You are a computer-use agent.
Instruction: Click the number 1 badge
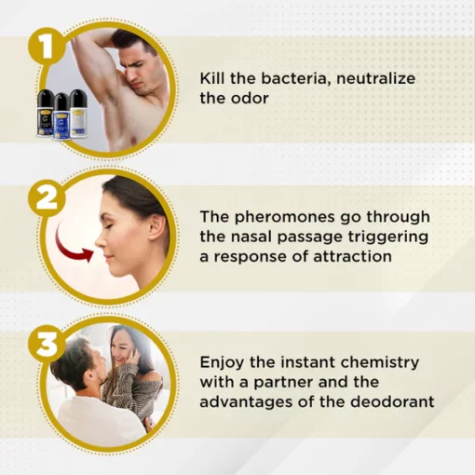pyautogui.click(x=47, y=47)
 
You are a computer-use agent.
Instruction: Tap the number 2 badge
pyautogui.click(x=47, y=197)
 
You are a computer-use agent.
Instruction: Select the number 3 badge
pyautogui.click(x=47, y=344)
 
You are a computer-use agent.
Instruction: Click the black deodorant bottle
pyautogui.click(x=46, y=113)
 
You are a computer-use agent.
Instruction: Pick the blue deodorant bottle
pyautogui.click(x=62, y=116)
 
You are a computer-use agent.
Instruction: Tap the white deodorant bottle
pyautogui.click(x=79, y=114)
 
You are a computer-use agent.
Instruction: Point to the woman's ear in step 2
pyautogui.click(x=157, y=229)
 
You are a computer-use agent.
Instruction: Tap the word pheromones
pyautogui.click(x=285, y=217)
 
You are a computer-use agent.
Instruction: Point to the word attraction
pyautogui.click(x=352, y=257)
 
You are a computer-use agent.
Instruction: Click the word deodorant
pyautogui.click(x=392, y=401)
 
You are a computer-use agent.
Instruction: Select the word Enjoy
pyautogui.click(x=222, y=362)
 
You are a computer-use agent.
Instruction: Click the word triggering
pyautogui.click(x=388, y=237)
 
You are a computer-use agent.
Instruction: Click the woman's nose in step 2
pyautogui.click(x=100, y=239)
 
